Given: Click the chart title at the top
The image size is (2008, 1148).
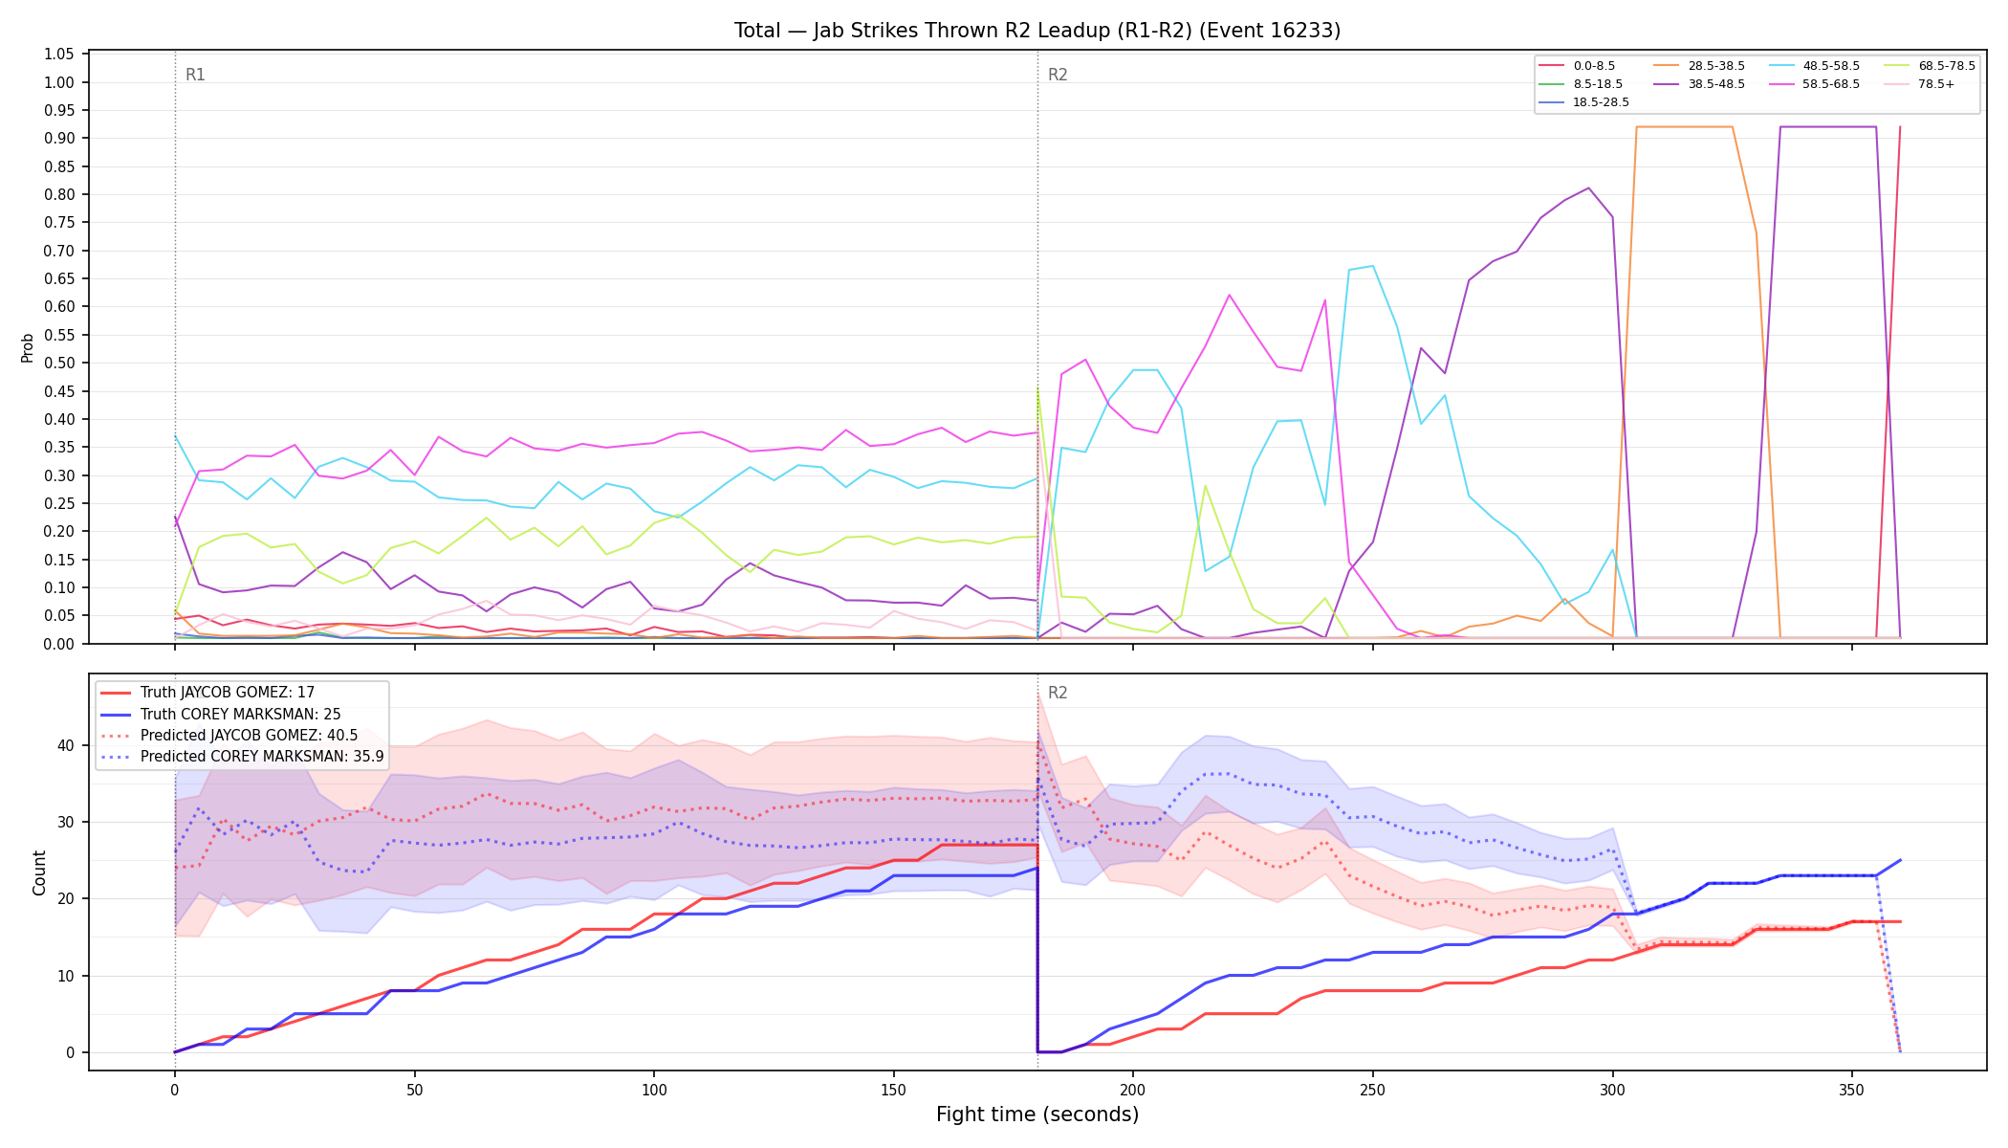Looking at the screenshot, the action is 1037,31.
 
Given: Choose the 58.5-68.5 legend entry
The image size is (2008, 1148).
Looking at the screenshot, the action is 1813,84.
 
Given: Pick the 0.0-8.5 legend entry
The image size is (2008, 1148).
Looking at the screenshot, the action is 1577,66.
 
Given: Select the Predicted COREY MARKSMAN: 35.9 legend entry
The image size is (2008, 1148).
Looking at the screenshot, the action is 242,757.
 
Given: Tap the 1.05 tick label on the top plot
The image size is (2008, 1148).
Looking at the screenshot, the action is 59,55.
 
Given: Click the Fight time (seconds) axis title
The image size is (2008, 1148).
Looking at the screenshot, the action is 1037,1115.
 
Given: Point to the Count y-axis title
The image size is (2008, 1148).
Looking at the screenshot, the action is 39,872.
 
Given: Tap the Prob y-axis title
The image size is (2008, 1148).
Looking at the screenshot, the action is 27,347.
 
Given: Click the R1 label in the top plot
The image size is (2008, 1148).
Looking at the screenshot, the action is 195,75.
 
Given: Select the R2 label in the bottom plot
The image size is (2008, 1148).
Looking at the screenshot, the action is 1058,693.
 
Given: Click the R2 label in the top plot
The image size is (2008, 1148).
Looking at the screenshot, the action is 1058,75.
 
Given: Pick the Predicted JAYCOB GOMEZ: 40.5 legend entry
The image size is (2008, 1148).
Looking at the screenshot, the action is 229,736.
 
